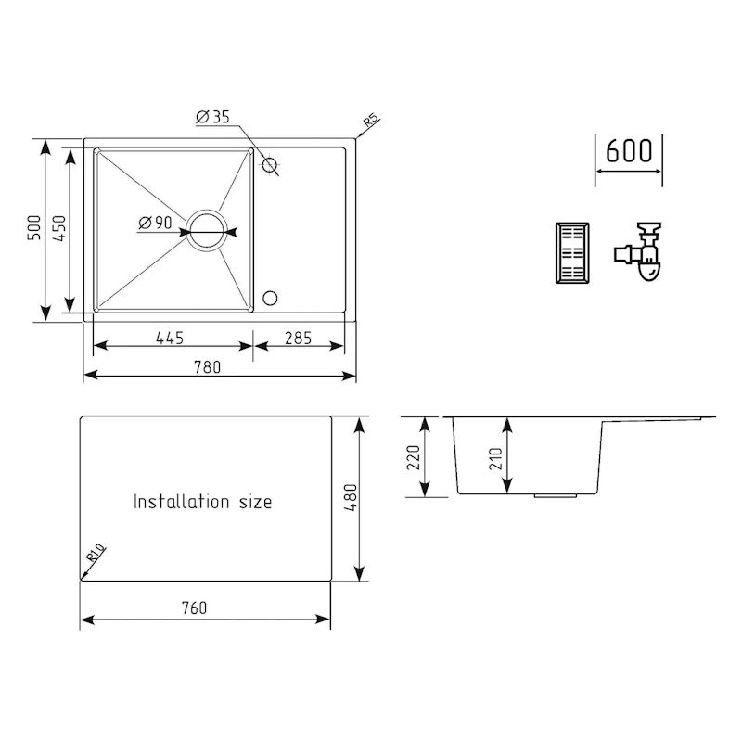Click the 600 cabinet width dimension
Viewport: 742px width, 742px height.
coord(628,151)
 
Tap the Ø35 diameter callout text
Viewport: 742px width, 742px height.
coord(212,117)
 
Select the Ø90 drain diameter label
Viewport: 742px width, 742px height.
coord(154,223)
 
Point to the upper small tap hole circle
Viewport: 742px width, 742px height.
coord(270,166)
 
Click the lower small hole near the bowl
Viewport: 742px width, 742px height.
coord(270,298)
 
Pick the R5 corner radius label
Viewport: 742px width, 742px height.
coord(370,122)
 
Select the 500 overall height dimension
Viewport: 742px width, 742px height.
coord(33,229)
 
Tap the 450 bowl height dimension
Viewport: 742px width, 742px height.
coord(58,229)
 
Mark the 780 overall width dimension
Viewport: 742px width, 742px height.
coord(208,366)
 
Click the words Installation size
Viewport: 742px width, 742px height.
coord(202,502)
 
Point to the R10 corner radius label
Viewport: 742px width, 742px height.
coord(96,556)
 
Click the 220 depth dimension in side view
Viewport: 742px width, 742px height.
coord(414,456)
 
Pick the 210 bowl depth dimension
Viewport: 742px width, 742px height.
coord(495,456)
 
